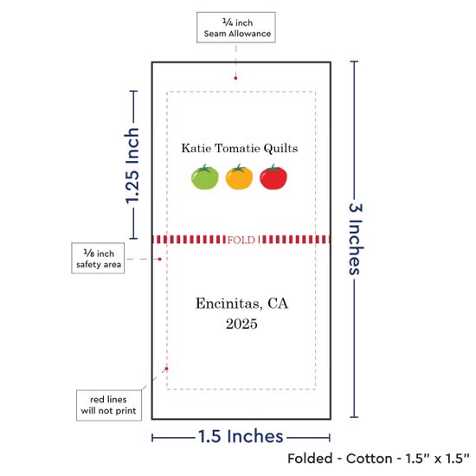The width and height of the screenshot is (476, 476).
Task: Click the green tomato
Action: coord(204,177)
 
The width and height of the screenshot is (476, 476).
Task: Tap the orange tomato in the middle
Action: coord(239,177)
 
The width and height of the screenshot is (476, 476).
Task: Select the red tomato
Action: coord(273,177)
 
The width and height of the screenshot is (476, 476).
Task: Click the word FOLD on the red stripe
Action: coord(241,240)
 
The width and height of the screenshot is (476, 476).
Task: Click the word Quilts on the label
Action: coord(280,149)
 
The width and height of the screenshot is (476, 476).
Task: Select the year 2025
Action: coord(241,324)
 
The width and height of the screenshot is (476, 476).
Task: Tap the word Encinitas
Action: coord(228,304)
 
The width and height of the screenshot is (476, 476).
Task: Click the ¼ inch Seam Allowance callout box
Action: coord(236,28)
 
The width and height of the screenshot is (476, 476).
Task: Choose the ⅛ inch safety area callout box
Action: coord(98,258)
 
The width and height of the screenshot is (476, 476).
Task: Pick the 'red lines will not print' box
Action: coord(109,405)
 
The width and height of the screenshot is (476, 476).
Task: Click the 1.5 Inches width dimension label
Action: coord(241,436)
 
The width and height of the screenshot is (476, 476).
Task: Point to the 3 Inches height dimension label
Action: coord(355,239)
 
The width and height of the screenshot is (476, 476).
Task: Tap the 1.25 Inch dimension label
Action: coord(132,165)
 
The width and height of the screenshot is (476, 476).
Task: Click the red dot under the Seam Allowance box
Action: coord(235,78)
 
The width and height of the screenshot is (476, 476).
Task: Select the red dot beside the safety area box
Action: coord(160,259)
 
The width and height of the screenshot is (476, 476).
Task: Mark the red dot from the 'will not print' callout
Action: coord(166,369)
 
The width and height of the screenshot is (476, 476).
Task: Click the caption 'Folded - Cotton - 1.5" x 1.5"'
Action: coord(378,459)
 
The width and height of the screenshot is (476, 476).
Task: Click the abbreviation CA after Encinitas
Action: coord(278,303)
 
